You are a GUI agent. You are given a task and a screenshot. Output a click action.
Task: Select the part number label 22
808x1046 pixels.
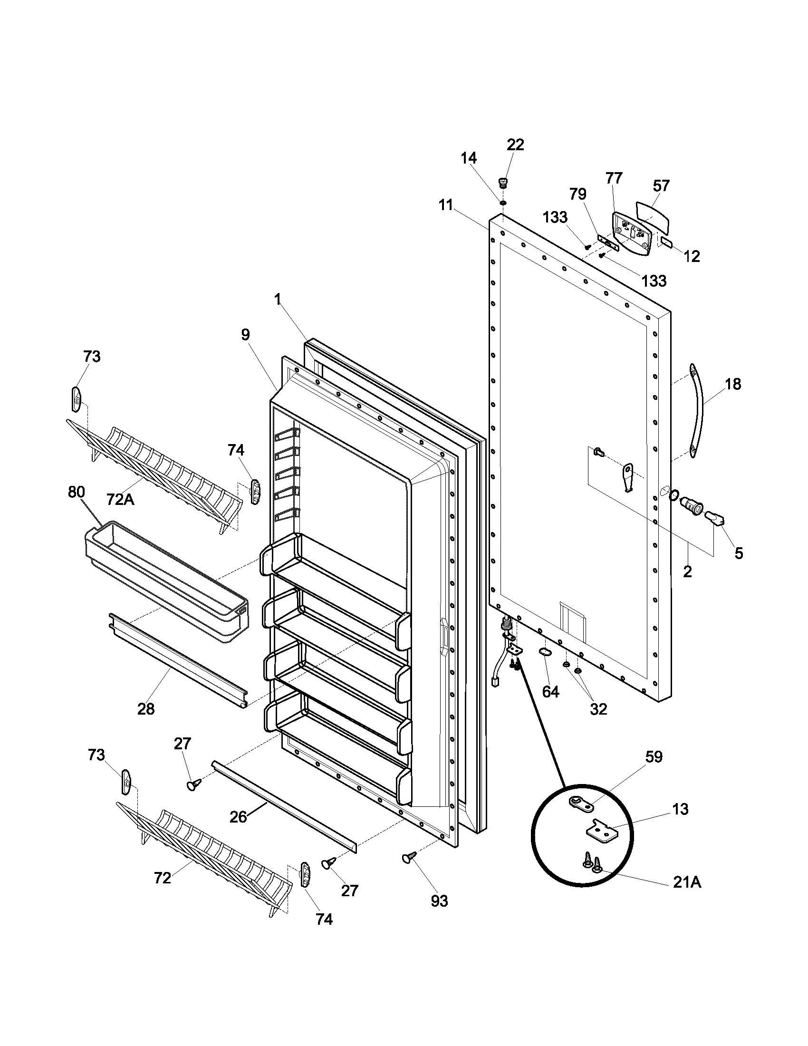tap(515, 145)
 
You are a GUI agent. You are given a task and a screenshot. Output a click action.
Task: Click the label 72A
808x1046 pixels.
tap(120, 500)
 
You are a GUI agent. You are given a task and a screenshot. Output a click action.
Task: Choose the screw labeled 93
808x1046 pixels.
tap(408, 857)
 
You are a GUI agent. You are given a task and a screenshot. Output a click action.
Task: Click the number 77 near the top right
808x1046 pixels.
tap(614, 178)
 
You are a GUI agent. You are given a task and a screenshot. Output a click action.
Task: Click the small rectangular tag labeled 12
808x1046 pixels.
tap(666, 241)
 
